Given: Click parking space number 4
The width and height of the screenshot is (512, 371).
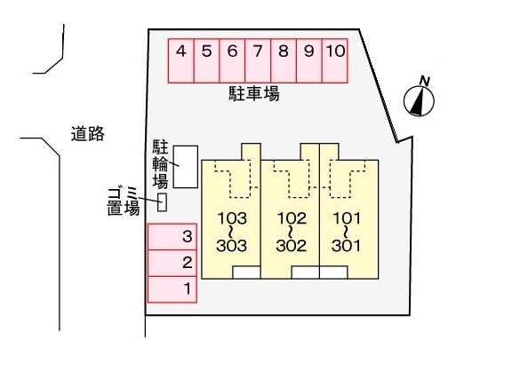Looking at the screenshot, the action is (181, 60).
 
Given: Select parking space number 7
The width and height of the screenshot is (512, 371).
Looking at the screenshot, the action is (258, 60).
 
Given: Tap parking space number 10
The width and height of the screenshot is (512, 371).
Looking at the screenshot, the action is (335, 60).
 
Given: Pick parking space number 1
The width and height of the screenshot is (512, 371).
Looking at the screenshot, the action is (172, 289).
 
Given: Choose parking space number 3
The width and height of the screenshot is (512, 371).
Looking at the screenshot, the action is (172, 237).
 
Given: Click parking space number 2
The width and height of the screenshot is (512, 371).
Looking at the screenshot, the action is (172, 263).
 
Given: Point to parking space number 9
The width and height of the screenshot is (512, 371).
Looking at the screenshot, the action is (309, 60).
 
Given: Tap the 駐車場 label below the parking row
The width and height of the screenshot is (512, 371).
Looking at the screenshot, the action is (253, 93).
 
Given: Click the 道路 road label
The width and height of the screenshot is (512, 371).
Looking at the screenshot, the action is (88, 134).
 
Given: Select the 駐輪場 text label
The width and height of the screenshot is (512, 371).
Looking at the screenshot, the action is (160, 164).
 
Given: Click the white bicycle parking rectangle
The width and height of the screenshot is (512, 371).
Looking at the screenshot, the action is (186, 167).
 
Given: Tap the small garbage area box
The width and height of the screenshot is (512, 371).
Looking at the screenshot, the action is (163, 202).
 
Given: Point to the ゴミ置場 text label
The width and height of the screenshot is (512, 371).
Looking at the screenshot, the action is (124, 201).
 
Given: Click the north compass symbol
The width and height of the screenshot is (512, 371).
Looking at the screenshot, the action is (419, 100).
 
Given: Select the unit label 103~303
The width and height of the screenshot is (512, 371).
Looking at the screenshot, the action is (232, 232).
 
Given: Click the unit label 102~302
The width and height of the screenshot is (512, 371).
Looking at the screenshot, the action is (292, 232).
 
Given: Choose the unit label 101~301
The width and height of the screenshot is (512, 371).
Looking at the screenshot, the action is (347, 232).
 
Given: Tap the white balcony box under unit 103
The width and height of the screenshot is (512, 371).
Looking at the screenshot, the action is (246, 272).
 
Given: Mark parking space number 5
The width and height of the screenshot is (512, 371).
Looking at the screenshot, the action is (207, 60).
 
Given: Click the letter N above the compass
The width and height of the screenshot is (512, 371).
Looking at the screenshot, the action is (424, 81).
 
